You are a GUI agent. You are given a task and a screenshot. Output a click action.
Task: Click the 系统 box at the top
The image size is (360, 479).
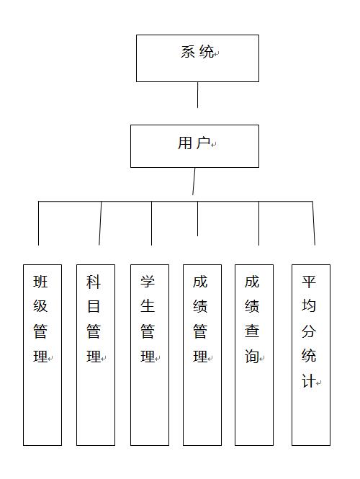coord(197,58)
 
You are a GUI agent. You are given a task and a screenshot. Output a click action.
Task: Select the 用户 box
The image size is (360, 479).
coord(194,146)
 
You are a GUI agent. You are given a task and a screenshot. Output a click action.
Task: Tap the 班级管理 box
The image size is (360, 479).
coord(42,355)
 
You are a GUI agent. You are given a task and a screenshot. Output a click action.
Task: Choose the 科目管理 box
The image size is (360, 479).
coord(96,355)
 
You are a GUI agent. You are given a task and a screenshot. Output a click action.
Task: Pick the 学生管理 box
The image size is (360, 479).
coord(150,355)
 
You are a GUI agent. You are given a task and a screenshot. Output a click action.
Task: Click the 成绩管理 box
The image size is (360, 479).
coord(202,355)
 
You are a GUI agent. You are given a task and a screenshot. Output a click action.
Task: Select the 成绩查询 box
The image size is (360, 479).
coord(254,355)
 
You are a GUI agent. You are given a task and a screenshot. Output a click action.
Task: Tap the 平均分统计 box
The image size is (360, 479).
coord(311,355)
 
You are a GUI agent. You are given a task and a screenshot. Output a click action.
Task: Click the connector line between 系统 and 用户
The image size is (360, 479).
coord(197,94)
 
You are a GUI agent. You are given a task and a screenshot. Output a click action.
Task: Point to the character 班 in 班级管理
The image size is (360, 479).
coord(40,282)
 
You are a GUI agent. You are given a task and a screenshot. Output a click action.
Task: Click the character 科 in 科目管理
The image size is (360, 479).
coord(94,282)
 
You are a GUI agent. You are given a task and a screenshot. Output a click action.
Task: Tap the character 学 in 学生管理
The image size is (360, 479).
coord(148,282)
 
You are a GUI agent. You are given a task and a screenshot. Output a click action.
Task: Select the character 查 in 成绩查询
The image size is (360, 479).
coord(252,331)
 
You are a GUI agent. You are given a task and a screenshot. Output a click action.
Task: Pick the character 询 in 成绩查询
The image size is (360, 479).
coord(252,357)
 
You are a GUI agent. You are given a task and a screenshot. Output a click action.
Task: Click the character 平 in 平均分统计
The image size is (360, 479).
coord(309,282)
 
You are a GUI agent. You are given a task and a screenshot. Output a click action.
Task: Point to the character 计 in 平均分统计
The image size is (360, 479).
coord(309,381)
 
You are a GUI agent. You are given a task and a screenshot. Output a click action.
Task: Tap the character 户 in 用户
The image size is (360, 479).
coord(203,143)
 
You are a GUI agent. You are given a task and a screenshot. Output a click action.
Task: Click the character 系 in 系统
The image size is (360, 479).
coord(188,52)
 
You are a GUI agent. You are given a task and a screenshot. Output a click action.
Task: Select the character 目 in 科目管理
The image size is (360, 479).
coord(94,306)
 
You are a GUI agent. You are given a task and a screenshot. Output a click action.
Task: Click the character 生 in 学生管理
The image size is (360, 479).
coord(148,306)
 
